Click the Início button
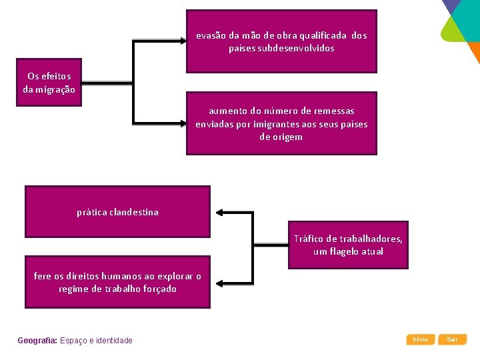click(420, 339)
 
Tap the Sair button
click(453, 339)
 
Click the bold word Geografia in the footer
click(37, 341)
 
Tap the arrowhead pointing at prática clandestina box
click(219, 212)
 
